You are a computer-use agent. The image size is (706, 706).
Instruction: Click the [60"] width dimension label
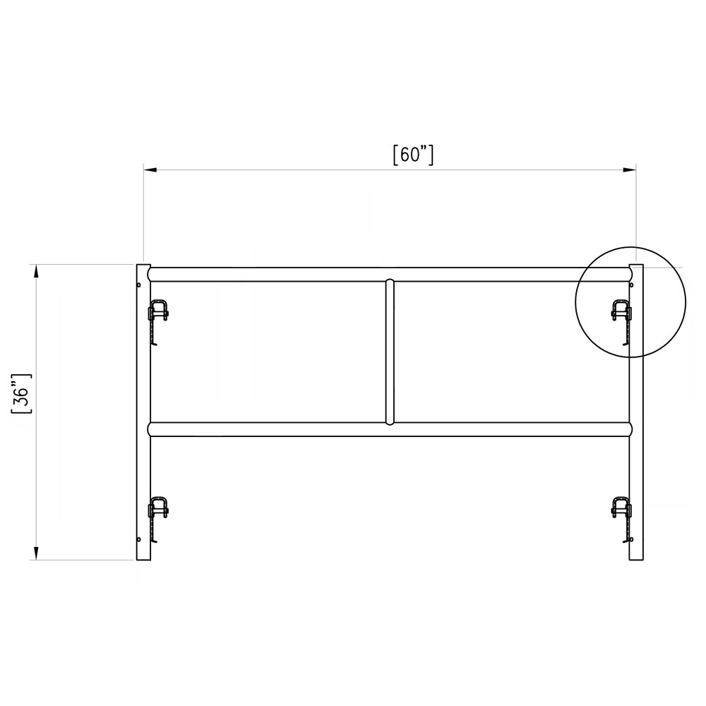point(412,155)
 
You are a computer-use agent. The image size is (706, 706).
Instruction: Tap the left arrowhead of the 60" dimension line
point(149,169)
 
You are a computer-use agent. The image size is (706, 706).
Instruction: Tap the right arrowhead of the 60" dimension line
point(630,169)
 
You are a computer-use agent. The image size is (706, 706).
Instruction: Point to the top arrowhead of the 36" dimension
point(35,270)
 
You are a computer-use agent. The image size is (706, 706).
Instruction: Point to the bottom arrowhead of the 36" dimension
point(35,554)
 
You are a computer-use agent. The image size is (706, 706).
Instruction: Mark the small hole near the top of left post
point(140,285)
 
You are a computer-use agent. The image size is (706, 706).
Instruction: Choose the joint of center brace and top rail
point(389,282)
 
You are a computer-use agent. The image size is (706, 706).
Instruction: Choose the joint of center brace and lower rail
point(389,422)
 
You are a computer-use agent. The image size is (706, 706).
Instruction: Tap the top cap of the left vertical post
point(143,267)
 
